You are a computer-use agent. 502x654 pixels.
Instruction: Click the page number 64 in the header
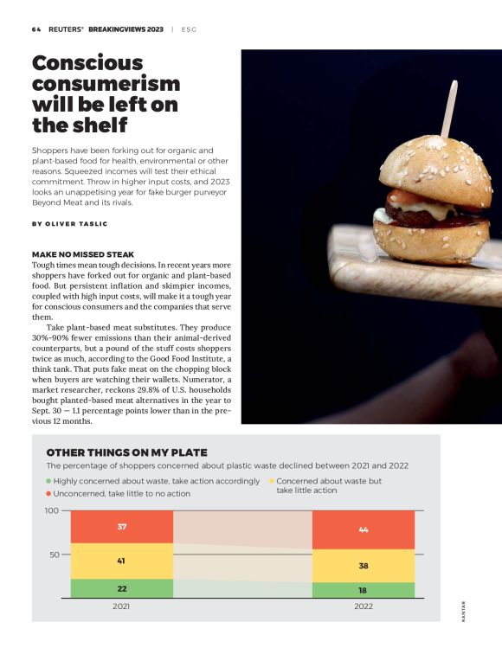pyautogui.click(x=36, y=29)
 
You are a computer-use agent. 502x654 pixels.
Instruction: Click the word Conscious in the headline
pyautogui.click(x=87, y=63)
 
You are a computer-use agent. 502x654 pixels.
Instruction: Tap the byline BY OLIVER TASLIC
pyautogui.click(x=70, y=224)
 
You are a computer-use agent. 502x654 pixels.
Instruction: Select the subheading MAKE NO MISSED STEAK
pyautogui.click(x=83, y=254)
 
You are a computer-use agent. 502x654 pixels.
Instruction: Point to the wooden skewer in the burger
pyautogui.click(x=449, y=109)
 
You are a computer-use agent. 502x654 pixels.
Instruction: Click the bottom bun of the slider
pyautogui.click(x=431, y=242)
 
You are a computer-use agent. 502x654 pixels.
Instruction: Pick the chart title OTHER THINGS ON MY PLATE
pyautogui.click(x=127, y=452)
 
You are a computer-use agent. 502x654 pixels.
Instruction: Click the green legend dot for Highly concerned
pyautogui.click(x=48, y=481)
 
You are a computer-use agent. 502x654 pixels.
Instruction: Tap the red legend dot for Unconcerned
pyautogui.click(x=48, y=494)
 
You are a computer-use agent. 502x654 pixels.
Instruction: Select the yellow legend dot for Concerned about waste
pyautogui.click(x=272, y=481)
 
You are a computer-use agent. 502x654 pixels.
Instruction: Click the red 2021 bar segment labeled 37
pyautogui.click(x=122, y=527)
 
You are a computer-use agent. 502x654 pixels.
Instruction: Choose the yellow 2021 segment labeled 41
pyautogui.click(x=122, y=561)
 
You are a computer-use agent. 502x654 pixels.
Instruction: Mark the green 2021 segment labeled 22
pyautogui.click(x=122, y=588)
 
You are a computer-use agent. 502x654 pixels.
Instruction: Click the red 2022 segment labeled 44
pyautogui.click(x=364, y=529)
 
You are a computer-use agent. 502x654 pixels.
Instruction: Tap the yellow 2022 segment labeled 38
pyautogui.click(x=364, y=566)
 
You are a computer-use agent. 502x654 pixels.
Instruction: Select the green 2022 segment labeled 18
pyautogui.click(x=364, y=590)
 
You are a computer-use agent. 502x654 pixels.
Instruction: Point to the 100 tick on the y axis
pyautogui.click(x=52, y=510)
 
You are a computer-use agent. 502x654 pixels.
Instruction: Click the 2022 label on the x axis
pyautogui.click(x=364, y=606)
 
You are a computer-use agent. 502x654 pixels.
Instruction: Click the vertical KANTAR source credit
pyautogui.click(x=464, y=612)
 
